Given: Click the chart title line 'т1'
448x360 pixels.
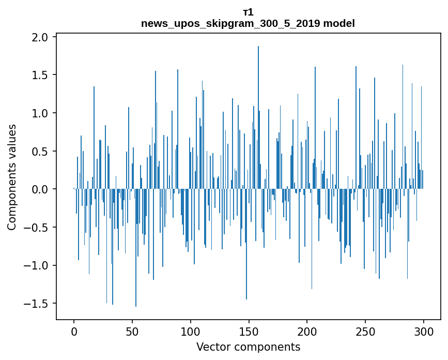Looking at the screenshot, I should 248,12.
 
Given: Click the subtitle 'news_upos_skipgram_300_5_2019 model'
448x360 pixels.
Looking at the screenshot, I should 248,23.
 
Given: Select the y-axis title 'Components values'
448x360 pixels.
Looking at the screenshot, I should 12,177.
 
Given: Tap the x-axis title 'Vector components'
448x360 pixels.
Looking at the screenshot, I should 248,347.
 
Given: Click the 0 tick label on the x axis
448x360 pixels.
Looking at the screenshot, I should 74,331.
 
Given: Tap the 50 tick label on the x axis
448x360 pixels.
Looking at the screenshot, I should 132,331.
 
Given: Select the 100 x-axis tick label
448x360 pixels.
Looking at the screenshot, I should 190,331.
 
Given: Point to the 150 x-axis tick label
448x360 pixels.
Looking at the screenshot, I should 249,331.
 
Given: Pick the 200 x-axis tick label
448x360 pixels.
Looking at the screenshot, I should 307,331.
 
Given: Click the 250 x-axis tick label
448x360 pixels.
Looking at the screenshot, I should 365,331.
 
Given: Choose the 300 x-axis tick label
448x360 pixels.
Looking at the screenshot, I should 423,331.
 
